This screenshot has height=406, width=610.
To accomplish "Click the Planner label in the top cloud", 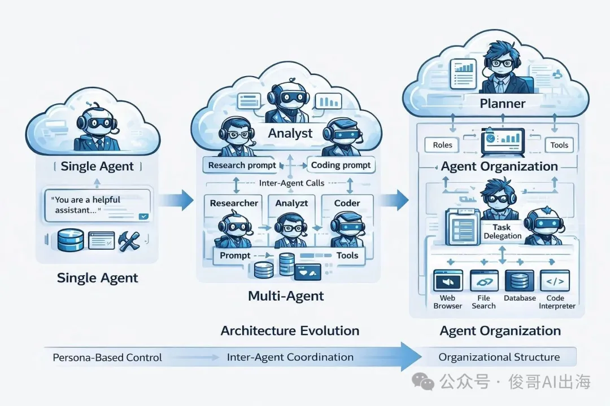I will [x=502, y=104].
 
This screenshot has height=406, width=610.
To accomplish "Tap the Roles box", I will [x=442, y=145].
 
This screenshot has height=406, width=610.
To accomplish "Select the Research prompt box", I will [x=242, y=165].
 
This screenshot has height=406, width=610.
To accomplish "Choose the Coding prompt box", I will [x=341, y=165].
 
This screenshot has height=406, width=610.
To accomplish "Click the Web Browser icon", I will [x=448, y=280].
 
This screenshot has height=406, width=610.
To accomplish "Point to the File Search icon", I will [x=483, y=280].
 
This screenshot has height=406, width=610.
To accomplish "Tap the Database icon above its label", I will [x=520, y=280].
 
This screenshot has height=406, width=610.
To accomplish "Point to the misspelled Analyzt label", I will [x=291, y=203].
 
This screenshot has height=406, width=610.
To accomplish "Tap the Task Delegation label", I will [x=503, y=232].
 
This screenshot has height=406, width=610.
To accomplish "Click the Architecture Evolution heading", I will [x=290, y=330].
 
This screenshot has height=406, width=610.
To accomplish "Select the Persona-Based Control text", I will [x=107, y=358].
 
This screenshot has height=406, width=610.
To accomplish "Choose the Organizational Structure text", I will [x=499, y=357].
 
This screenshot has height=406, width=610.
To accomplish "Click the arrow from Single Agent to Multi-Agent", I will [x=176, y=199].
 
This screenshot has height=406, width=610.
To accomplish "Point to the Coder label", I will [x=347, y=203].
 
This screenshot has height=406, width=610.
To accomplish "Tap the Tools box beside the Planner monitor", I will [x=559, y=145].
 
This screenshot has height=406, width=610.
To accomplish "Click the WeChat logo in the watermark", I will [x=424, y=382].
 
